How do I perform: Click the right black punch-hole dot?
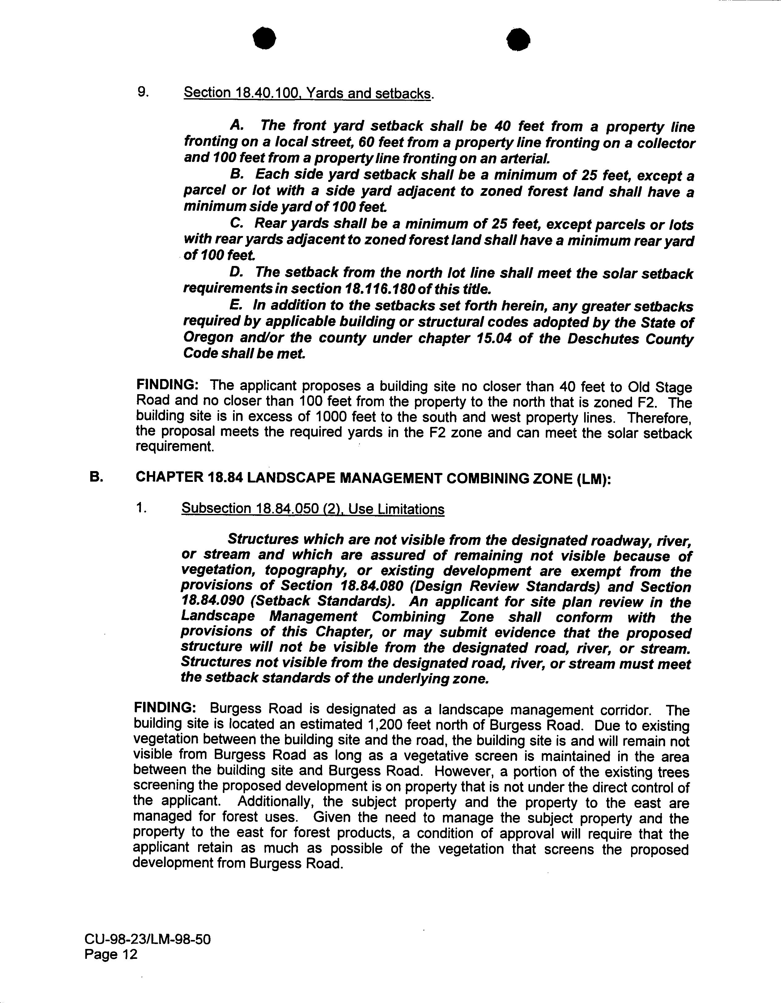(519, 40)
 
